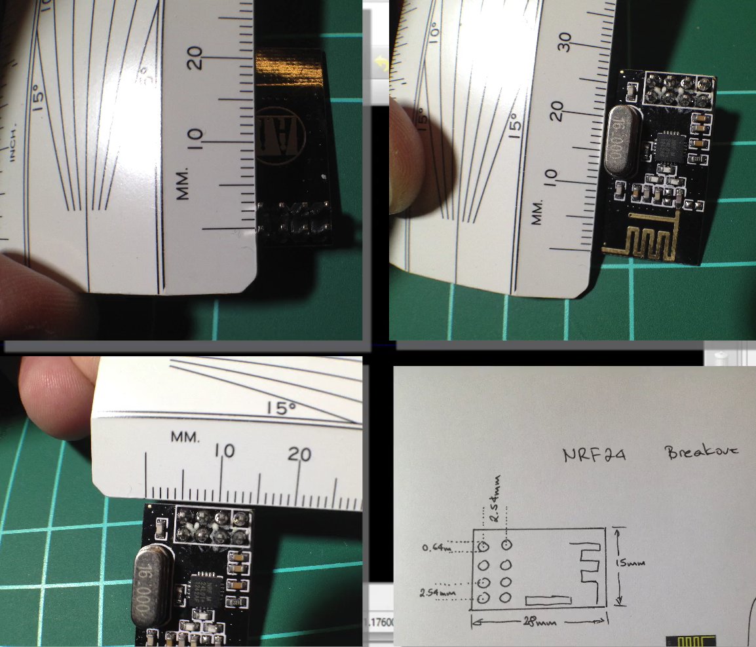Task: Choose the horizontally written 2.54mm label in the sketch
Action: click(x=438, y=593)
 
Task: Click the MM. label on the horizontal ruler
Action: click(x=185, y=436)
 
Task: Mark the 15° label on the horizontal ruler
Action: click(x=282, y=409)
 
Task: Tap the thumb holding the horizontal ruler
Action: click(x=54, y=396)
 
